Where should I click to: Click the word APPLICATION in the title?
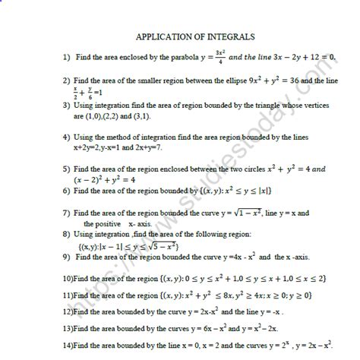(x=164, y=36)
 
